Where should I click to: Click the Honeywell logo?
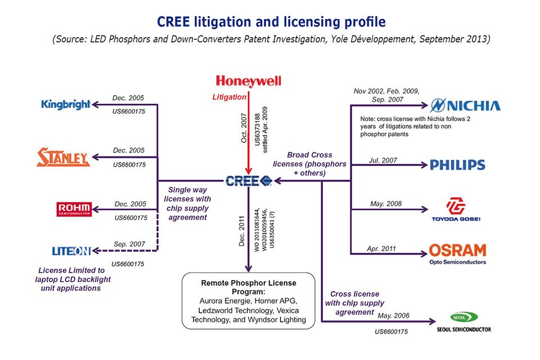click(248, 82)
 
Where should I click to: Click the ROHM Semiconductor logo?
click(74, 209)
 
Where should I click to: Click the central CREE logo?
click(248, 181)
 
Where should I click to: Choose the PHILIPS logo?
click(457, 165)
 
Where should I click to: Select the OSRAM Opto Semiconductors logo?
click(457, 253)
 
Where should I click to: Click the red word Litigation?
click(229, 97)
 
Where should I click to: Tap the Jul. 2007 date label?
click(383, 160)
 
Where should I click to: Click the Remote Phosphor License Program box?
click(247, 301)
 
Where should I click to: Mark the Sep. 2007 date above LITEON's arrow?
click(129, 245)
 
